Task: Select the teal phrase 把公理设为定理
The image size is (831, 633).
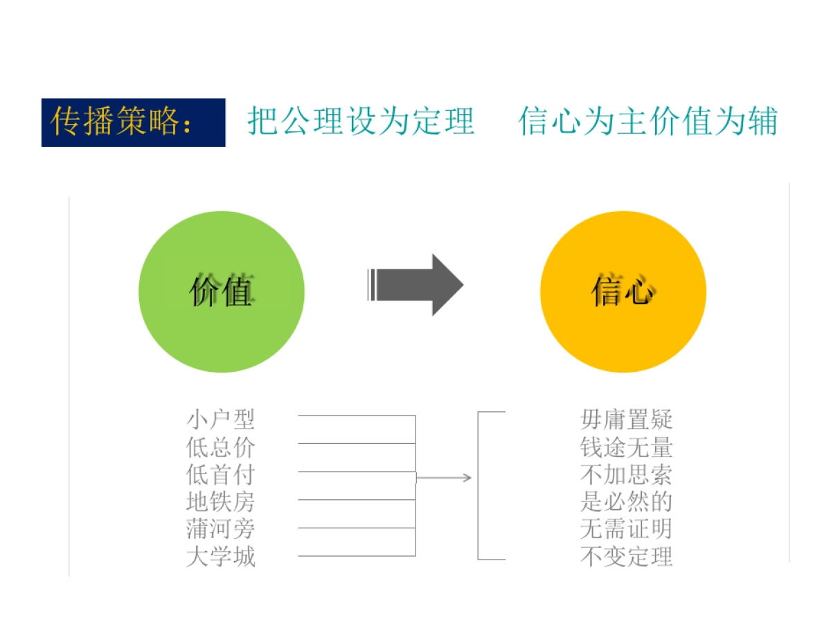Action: (361, 121)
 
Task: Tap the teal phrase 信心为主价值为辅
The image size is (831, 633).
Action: (647, 121)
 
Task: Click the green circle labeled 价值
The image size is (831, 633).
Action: (222, 292)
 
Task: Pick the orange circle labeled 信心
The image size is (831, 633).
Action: (623, 292)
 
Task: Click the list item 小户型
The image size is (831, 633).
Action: (221, 419)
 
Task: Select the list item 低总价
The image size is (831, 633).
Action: (221, 447)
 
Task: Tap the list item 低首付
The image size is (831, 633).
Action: (221, 474)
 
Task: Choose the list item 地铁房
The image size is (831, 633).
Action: (221, 501)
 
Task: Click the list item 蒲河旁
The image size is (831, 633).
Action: (221, 529)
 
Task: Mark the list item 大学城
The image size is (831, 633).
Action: (221, 557)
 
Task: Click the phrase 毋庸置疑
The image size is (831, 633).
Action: (626, 419)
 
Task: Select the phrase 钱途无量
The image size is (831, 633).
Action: (626, 447)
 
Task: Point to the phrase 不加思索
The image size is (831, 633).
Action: (626, 474)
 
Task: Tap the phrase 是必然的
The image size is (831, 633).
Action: (626, 501)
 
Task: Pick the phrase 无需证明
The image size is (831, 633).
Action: (626, 529)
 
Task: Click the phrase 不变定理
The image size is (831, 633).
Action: (626, 557)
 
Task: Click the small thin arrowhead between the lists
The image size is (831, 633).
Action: (467, 478)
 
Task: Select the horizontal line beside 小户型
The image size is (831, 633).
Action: (356, 416)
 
